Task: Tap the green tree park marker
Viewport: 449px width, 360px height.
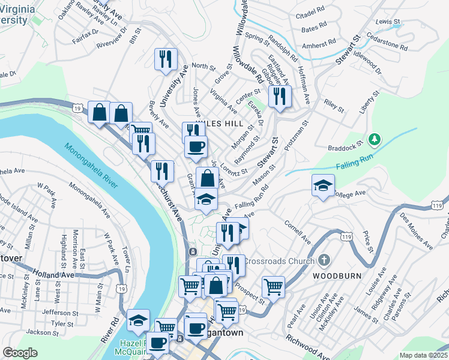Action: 376,140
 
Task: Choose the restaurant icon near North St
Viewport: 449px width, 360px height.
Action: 164,59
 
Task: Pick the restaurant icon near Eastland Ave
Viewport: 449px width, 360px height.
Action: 279,96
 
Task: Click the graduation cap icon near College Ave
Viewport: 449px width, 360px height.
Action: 323,185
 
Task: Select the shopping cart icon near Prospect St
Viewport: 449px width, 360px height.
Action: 273,286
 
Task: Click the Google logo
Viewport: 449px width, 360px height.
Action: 20,353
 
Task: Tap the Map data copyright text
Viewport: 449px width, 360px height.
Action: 423,355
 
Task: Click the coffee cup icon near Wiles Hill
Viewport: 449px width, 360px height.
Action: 196,146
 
